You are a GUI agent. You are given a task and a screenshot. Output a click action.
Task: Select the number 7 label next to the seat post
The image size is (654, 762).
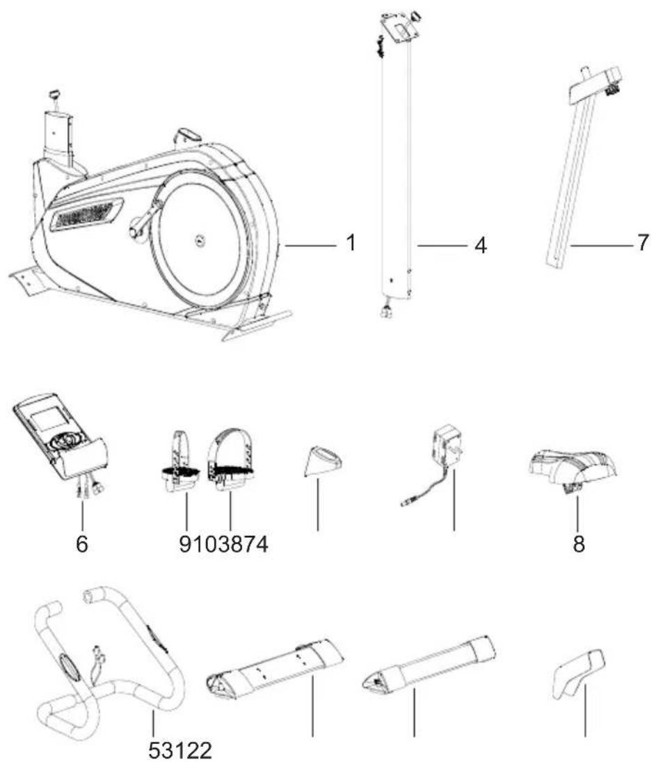point(643,244)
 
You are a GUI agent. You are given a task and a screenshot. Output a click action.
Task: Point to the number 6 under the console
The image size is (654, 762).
point(82,544)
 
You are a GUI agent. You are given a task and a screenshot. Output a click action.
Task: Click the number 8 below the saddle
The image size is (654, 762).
point(579,544)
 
